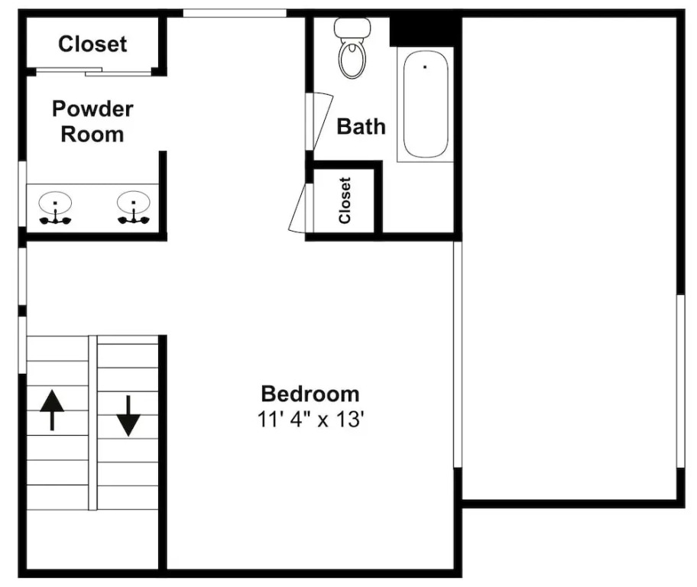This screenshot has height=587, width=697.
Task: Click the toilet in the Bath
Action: (x=352, y=48)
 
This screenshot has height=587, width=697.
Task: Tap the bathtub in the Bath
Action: (x=426, y=104)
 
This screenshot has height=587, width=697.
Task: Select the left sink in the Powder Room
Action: (x=55, y=208)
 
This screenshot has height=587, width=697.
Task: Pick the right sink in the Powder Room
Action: (x=134, y=208)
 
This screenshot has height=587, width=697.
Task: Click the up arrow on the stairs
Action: (x=52, y=410)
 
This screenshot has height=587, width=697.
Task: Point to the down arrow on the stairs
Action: (x=128, y=416)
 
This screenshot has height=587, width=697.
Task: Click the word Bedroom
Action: (x=310, y=394)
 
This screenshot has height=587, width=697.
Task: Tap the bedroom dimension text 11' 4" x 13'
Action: (x=311, y=419)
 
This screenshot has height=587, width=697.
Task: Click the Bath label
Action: (x=361, y=127)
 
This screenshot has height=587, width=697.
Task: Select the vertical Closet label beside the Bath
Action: (x=345, y=200)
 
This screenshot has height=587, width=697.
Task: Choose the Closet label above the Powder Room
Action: (x=92, y=44)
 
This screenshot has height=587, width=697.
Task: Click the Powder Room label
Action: (x=92, y=122)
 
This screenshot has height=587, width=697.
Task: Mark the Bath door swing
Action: (x=319, y=122)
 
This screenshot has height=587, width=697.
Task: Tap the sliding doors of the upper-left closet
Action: (x=93, y=71)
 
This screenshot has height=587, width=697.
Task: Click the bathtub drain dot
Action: (x=425, y=67)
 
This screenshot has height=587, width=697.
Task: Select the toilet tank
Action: (x=352, y=28)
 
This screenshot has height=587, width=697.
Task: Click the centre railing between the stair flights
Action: (x=92, y=423)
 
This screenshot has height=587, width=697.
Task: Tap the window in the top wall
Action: (x=235, y=13)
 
